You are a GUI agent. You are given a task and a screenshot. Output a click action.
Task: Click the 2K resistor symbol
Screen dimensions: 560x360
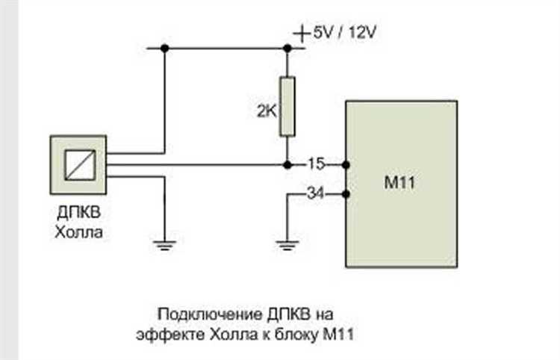[x=287, y=106]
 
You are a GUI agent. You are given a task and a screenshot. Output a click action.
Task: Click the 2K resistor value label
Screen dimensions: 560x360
[x=267, y=111]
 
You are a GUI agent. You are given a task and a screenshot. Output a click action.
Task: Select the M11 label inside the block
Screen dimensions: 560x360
[x=399, y=182]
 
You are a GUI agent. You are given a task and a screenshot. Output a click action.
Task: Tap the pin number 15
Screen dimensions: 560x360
[x=316, y=164]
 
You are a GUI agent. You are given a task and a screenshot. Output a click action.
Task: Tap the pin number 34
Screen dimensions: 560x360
[x=316, y=193]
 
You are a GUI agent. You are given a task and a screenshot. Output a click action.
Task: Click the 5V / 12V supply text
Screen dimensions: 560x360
[x=345, y=33]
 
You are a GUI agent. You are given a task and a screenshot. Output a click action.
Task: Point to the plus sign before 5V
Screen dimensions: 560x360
[x=302, y=34]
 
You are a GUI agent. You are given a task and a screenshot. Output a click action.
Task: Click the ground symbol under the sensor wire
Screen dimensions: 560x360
[x=164, y=246]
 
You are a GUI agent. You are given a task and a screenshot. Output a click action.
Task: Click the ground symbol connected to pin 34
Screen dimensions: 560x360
[x=287, y=246]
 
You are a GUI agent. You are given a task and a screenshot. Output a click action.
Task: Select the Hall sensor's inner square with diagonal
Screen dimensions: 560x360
[x=80, y=165]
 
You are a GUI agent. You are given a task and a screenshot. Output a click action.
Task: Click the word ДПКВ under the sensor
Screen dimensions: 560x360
[x=79, y=213]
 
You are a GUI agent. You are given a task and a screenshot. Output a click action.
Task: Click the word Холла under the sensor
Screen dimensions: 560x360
[x=79, y=232]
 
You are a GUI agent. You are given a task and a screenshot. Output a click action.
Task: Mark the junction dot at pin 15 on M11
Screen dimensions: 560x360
[x=346, y=165]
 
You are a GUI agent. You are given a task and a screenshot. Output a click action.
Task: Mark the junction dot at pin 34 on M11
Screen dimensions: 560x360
[x=346, y=194]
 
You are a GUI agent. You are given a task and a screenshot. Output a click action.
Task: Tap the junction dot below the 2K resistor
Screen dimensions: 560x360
[x=287, y=165]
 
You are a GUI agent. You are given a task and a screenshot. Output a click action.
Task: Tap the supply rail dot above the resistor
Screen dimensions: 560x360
[x=287, y=48]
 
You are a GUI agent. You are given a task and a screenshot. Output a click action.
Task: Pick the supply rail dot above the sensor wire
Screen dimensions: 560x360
[x=164, y=48]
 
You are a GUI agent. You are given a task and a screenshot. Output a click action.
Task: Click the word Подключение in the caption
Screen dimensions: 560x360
[x=210, y=314]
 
